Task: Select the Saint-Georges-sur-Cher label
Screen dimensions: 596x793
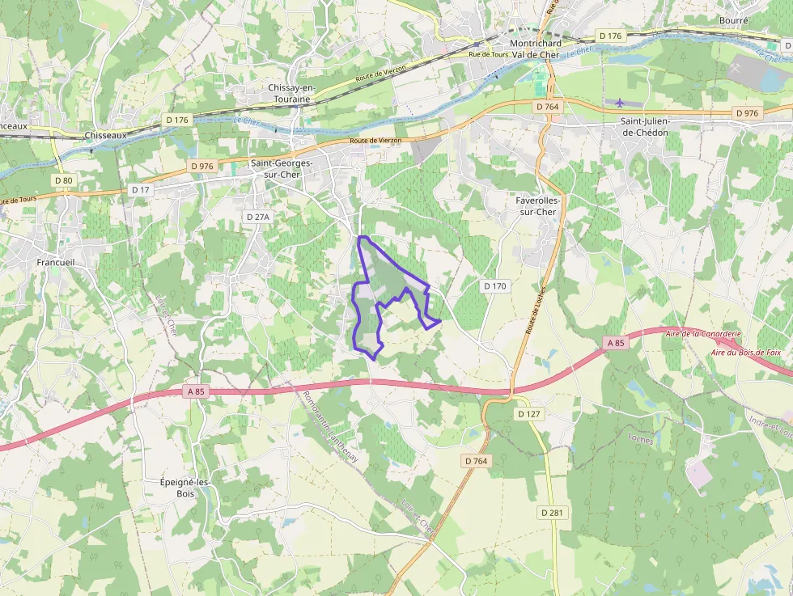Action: (x=281, y=167)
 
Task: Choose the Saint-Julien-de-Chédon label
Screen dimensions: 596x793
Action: (x=656, y=126)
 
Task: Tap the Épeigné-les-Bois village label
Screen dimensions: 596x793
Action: (x=186, y=488)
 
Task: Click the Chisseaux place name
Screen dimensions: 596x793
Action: (x=105, y=135)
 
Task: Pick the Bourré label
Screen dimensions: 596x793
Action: (x=733, y=19)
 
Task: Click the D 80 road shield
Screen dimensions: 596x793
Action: (x=63, y=180)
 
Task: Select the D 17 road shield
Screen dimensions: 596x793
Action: (x=142, y=189)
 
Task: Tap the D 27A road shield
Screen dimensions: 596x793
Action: (x=258, y=217)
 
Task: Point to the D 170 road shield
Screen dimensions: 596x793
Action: (x=494, y=285)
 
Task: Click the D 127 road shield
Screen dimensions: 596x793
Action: (x=528, y=413)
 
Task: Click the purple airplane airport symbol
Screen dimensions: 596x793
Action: (x=620, y=103)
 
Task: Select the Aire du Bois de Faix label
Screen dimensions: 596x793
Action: (x=746, y=352)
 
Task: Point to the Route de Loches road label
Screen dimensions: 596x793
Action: (x=533, y=311)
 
